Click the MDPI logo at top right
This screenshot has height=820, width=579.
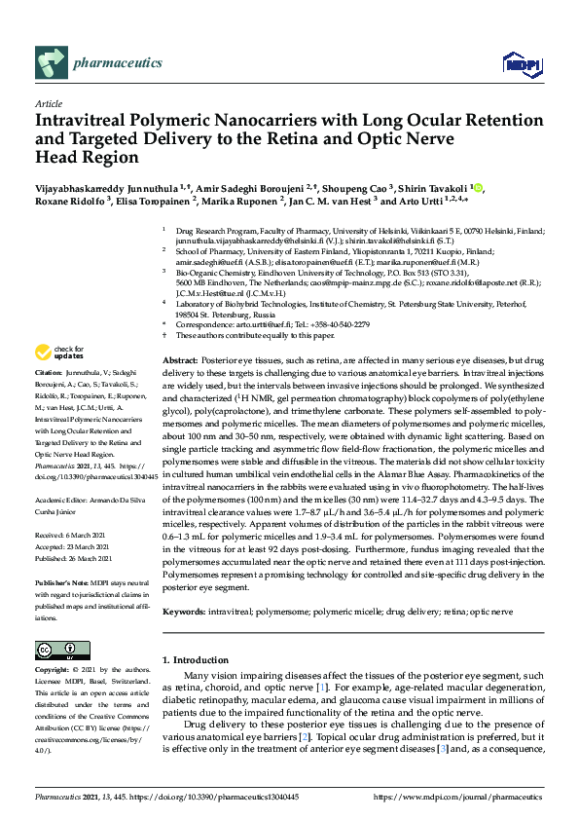[x=517, y=65]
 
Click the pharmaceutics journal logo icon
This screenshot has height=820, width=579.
[x=50, y=65]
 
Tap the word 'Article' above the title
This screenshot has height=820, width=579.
[x=48, y=103]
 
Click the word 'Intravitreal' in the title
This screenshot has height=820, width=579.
[x=81, y=122]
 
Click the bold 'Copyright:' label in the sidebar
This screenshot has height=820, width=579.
[x=54, y=671]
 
